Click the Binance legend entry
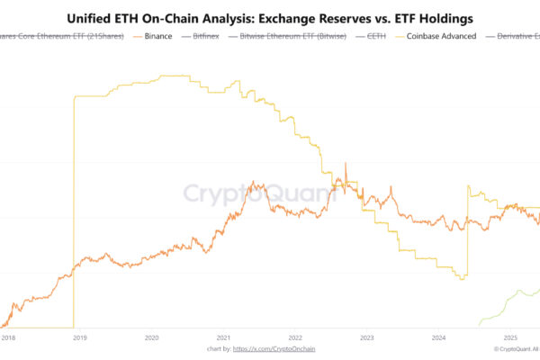coord(158,37)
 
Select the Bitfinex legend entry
coord(206,37)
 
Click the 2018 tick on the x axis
coord(8,337)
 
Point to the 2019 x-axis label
coord(79,337)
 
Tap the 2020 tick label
coord(151,337)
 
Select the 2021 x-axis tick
coord(223,337)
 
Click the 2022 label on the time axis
coord(295,337)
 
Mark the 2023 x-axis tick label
coord(366,337)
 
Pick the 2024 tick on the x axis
coord(438,337)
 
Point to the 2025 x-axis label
coord(509,337)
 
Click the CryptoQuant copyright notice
coord(514,348)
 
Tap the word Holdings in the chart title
coord(442,17)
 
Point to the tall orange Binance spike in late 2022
coord(345,167)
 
